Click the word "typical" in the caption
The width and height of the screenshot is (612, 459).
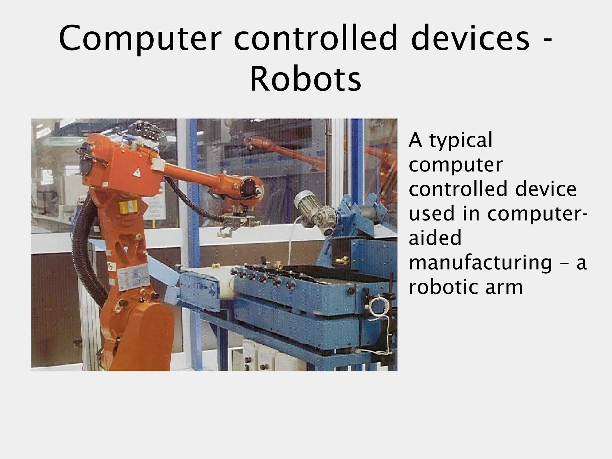tap(460, 141)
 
